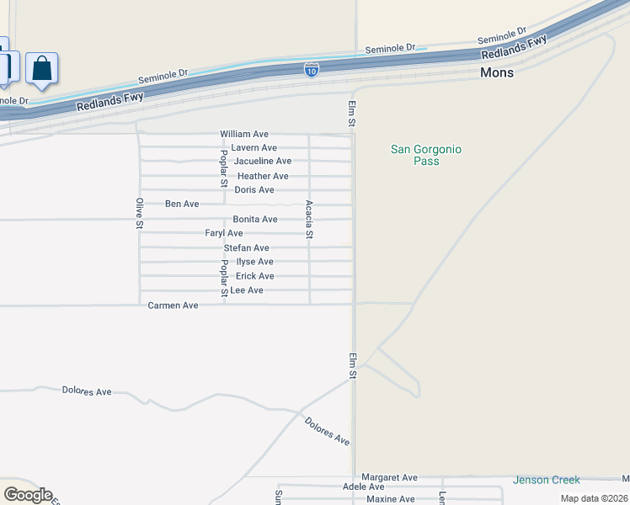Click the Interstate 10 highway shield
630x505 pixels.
[x=312, y=70]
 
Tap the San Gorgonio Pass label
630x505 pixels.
[x=426, y=155]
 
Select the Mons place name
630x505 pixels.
[x=497, y=72]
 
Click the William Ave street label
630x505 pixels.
[x=244, y=134]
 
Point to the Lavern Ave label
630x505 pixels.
[x=254, y=147]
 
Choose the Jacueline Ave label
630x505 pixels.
[x=263, y=161]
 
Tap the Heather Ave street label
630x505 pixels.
[x=263, y=176]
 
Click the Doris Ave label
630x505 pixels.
[x=254, y=189]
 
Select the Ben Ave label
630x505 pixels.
[x=182, y=204]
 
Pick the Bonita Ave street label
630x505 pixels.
[x=255, y=219]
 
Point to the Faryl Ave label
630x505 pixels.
[x=224, y=233]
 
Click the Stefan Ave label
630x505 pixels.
[x=247, y=247]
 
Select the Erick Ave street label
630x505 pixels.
[x=255, y=276]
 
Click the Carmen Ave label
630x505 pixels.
[x=173, y=305]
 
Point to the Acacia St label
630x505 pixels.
[x=310, y=220]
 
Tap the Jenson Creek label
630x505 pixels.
[x=547, y=480]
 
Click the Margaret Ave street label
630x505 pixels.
[x=389, y=477]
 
